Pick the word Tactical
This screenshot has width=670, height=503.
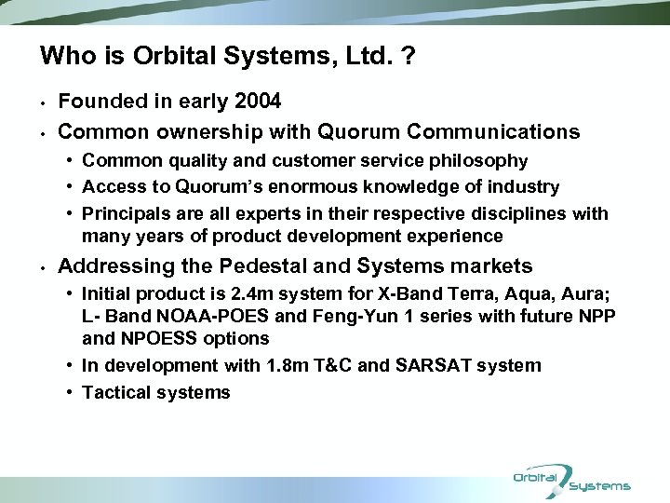115,392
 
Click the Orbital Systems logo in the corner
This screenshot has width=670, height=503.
571,481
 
